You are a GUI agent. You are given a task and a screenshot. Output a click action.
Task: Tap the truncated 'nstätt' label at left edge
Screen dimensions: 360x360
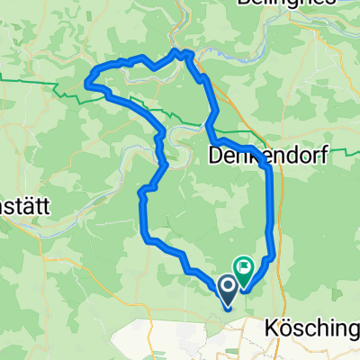(24, 205)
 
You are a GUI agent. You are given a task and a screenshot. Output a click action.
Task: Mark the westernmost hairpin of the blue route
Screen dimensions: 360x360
(86, 83)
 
